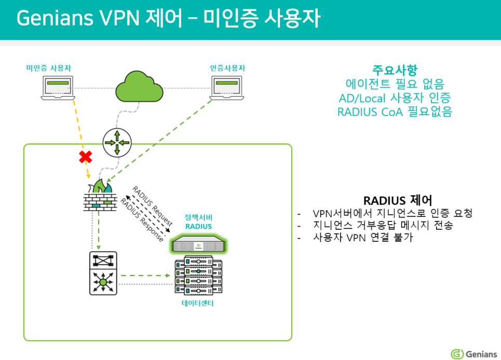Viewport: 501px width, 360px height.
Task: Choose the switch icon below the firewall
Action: coord(103,273)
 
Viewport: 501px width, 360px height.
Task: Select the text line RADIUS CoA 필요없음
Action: coord(395,111)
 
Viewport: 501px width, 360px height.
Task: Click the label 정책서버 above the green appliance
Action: coord(198,216)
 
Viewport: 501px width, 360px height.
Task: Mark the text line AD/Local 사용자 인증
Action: coord(395,97)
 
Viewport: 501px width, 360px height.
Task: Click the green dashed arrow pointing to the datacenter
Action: coord(147,275)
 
